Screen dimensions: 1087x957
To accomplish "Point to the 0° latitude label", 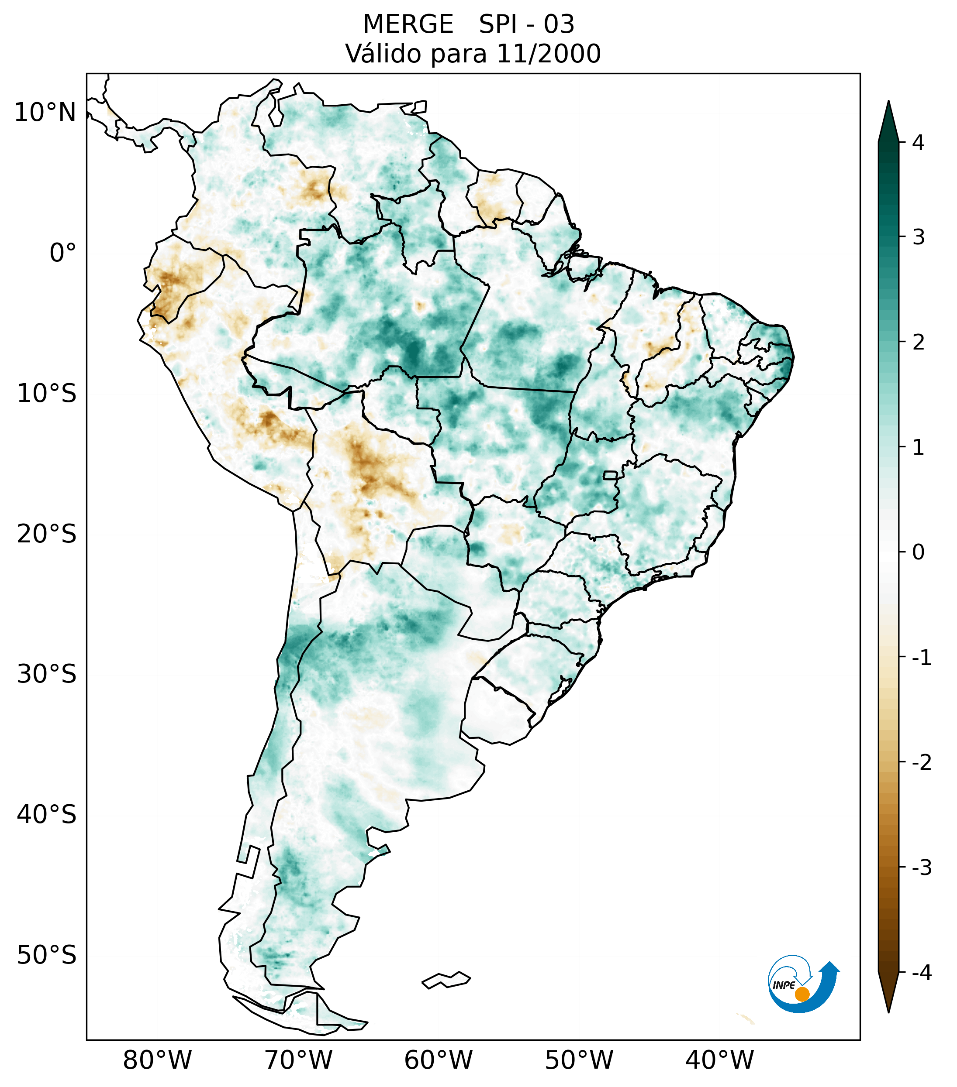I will [62, 253].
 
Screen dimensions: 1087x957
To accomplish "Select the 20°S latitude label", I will [47, 534].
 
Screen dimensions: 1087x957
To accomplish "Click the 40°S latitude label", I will [47, 814].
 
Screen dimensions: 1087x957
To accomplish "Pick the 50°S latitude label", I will [47, 955].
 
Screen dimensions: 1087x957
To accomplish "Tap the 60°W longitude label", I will [438, 1060].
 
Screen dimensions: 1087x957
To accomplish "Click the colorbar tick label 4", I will [918, 143].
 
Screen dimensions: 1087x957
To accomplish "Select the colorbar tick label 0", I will [918, 552].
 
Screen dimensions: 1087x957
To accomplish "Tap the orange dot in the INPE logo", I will [802, 994].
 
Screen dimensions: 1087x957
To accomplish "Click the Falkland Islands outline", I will [446, 980].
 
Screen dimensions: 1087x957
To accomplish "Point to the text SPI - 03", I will [526, 24].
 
